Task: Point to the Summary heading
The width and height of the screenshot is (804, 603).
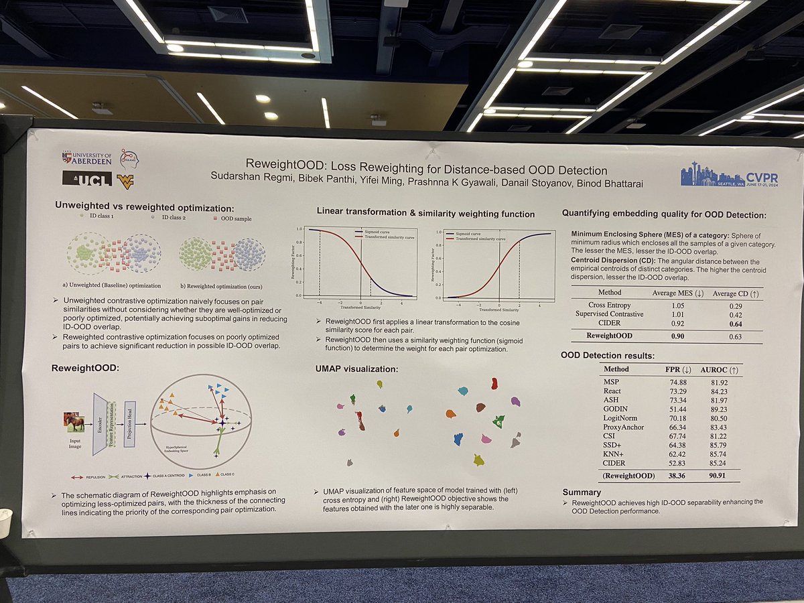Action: coord(582,492)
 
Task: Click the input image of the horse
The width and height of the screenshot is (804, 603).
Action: coord(74,422)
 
